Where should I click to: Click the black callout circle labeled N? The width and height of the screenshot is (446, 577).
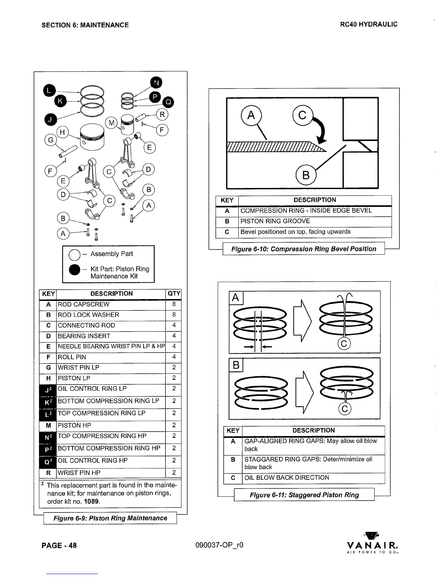[x=156, y=83]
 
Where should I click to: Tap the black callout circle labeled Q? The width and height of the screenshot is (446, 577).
[x=168, y=102]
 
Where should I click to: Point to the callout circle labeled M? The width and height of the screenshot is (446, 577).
[x=111, y=123]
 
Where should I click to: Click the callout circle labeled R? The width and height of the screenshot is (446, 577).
[x=162, y=115]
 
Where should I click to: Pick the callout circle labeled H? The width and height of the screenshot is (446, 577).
[x=62, y=132]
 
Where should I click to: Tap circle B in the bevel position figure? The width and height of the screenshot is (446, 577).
[x=306, y=175]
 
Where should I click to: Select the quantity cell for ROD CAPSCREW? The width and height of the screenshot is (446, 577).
[x=174, y=305]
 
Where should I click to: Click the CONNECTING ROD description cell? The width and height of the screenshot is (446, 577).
[x=111, y=326]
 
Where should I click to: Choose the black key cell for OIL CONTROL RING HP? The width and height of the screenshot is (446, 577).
[x=48, y=462]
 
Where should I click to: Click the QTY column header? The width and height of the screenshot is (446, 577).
[x=174, y=294]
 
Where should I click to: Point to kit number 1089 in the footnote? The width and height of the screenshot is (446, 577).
[x=91, y=502]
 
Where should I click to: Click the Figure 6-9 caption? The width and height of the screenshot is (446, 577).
[x=110, y=518]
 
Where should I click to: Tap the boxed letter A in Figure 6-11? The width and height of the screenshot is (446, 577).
[x=236, y=298]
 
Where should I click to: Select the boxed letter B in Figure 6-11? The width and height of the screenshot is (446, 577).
[x=236, y=365]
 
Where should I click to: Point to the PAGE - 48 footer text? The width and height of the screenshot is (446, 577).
[x=59, y=545]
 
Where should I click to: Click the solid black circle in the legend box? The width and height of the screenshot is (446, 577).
[x=74, y=270]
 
